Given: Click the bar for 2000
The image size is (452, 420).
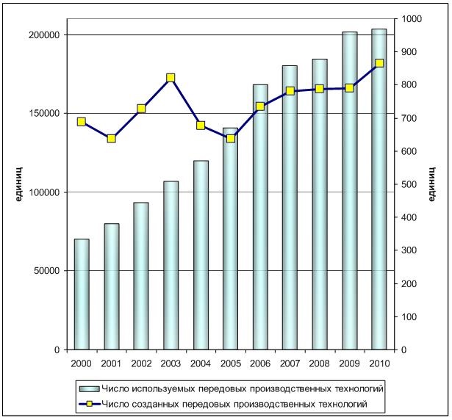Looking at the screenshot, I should coord(81,294).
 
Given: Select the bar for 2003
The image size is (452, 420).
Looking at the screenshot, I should coord(171,264).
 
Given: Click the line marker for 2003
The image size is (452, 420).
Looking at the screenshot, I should coord(171,77).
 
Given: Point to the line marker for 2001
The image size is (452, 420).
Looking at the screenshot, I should coord(111,138).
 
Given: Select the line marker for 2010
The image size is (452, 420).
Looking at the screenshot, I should coord(379,63).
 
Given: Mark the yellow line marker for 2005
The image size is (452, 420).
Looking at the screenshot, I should coord(230,138).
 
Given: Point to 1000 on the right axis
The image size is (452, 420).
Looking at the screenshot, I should coord(409,19).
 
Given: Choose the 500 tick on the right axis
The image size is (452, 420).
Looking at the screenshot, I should coord(407,184).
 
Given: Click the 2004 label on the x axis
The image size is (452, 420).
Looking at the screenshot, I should coord(201,363).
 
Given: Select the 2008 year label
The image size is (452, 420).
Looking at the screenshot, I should coord(320,363).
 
